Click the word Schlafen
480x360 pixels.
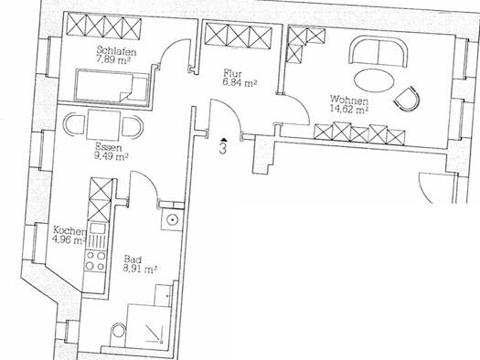pyautogui.click(x=117, y=50)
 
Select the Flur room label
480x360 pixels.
pyautogui.click(x=233, y=73)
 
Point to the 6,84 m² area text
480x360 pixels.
pyautogui.click(x=240, y=82)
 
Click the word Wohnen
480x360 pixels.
pyautogui.click(x=349, y=100)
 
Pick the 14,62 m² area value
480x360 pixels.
pyautogui.click(x=349, y=109)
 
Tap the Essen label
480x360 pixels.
pyautogui.click(x=109, y=147)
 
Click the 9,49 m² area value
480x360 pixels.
pyautogui.click(x=111, y=156)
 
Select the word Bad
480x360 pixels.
pyautogui.click(x=133, y=259)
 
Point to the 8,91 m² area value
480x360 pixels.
pyautogui.click(x=140, y=269)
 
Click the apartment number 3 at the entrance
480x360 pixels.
pyautogui.click(x=223, y=148)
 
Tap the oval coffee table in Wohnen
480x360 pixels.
pyautogui.click(x=374, y=80)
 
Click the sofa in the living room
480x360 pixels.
pyautogui.click(x=379, y=51)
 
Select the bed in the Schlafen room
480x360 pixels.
pyautogui.click(x=112, y=85)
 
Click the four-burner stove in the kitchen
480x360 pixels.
pyautogui.click(x=95, y=260)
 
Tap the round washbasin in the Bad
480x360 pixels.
pyautogui.click(x=173, y=219)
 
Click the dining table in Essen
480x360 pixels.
pyautogui.click(x=103, y=125)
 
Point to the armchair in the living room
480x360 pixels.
pyautogui.click(x=408, y=99)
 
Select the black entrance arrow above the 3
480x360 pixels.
pyautogui.click(x=224, y=140)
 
